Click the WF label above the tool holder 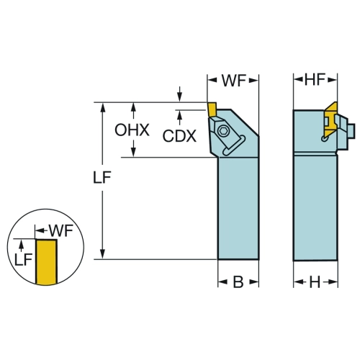[234, 81]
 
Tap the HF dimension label [315, 79]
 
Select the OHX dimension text [132, 130]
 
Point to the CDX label [179, 136]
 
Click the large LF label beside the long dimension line [102, 178]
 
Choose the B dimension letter [238, 282]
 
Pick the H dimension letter [315, 282]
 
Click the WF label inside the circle [61, 230]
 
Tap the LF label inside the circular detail [23, 260]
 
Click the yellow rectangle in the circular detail [46, 262]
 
